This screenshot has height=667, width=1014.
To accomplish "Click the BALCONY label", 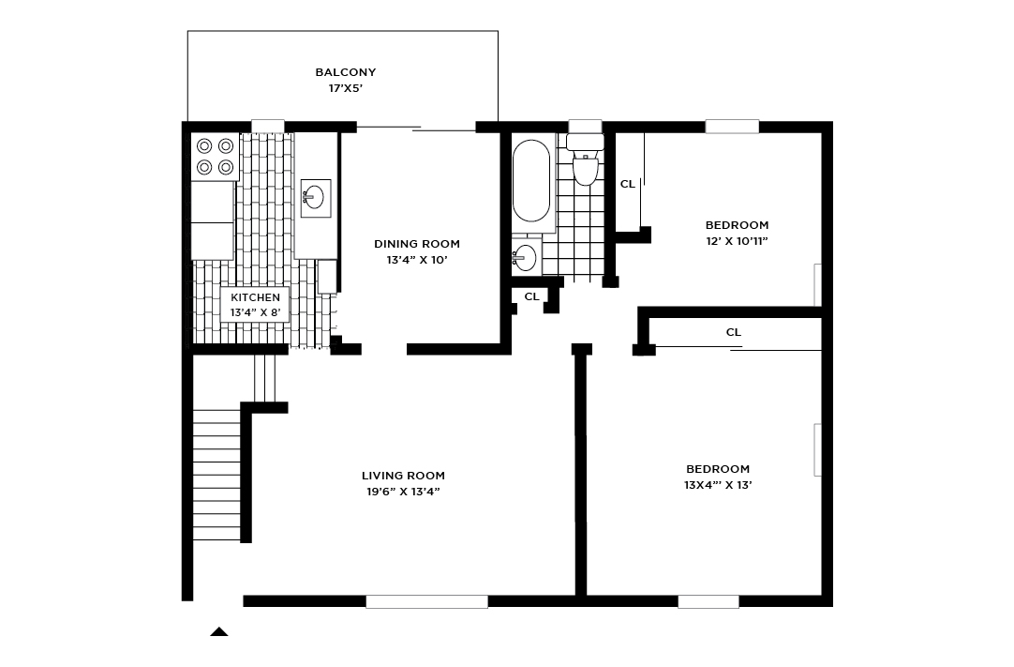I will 345,72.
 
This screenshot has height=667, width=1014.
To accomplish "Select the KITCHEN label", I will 255,297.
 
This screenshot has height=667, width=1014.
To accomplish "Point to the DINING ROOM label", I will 417,244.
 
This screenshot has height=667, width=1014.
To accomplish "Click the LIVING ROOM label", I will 403,476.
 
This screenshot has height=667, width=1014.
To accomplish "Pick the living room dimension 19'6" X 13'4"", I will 403,492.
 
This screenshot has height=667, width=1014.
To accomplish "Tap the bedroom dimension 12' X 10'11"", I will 737,241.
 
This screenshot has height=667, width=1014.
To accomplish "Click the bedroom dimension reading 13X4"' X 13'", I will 718,485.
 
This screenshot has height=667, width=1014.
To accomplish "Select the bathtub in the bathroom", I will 531,181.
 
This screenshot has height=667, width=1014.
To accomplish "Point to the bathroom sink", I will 526,256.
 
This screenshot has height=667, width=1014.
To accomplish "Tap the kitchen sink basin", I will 314,197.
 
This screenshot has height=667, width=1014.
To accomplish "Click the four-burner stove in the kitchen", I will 215,157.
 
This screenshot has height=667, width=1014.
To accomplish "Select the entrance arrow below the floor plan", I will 218,631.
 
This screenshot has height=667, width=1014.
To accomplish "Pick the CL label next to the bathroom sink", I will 531,296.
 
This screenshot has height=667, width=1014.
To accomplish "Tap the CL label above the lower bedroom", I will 734,332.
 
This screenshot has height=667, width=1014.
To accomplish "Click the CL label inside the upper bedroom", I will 628,184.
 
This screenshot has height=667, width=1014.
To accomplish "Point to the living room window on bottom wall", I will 426,601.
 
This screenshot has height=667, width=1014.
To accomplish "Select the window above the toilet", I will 585,126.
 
